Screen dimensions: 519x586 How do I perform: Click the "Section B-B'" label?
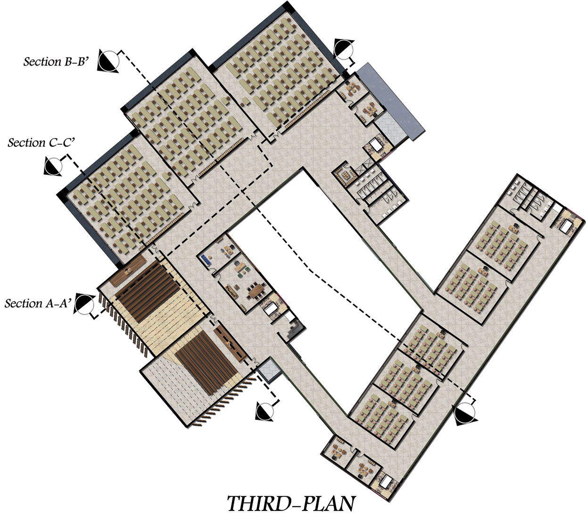pos(56,61)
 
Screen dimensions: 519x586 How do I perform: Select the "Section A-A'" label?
pos(38,304)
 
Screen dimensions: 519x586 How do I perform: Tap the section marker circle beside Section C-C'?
pos(53,166)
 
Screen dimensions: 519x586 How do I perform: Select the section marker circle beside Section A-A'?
pos(84,304)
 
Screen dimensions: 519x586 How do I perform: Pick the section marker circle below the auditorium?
pos(264,411)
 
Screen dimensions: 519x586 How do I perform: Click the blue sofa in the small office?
pos(206,258)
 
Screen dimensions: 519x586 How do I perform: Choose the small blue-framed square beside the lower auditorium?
pos(269,369)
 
